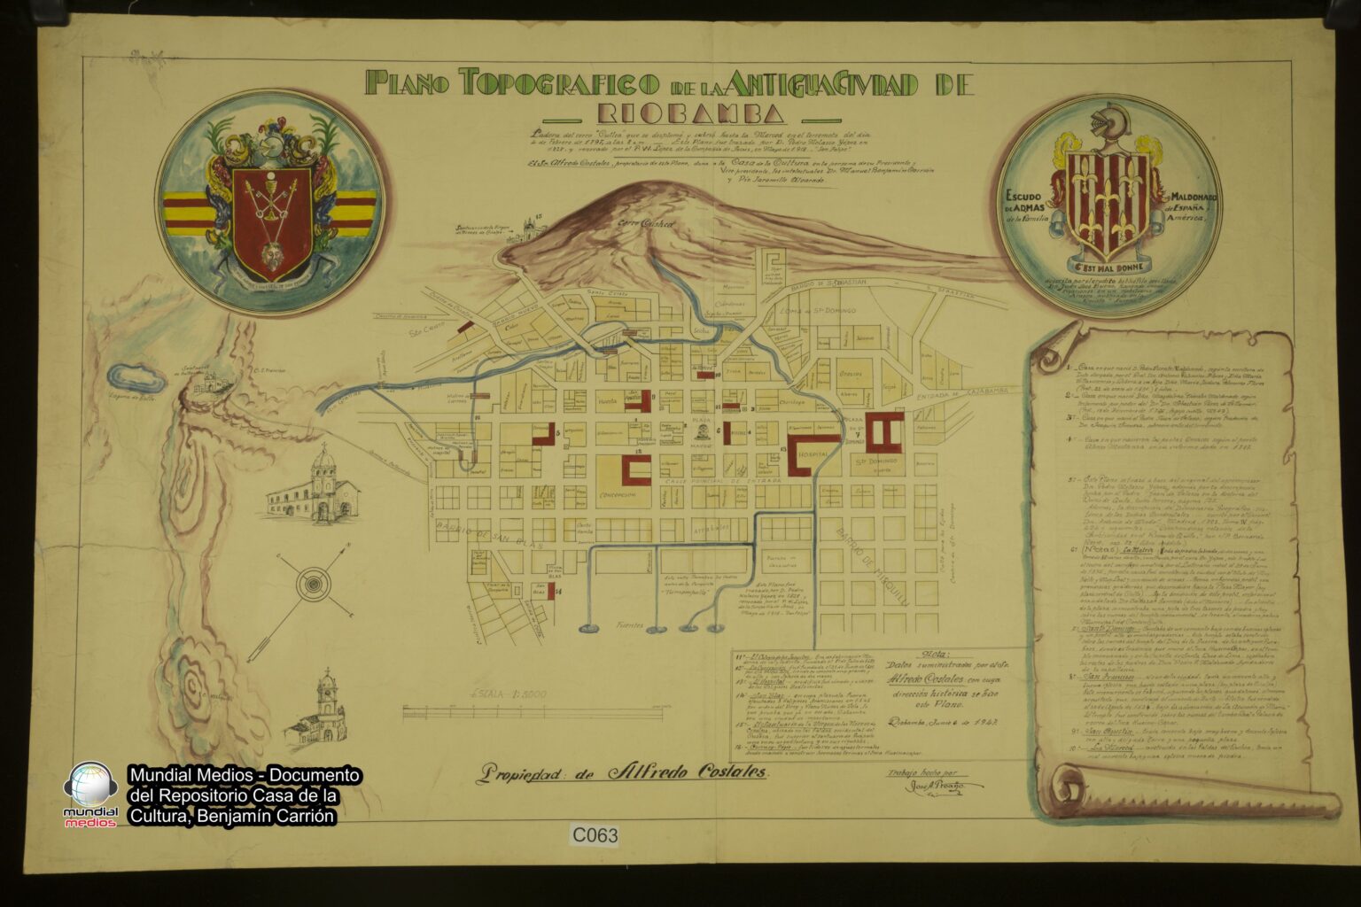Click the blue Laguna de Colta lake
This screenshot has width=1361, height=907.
point(136,380)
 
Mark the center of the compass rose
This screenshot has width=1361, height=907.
point(312,584)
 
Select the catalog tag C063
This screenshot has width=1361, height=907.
point(595,834)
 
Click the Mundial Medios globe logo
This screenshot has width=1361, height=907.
point(91,787)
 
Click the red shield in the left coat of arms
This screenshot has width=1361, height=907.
point(271,219)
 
